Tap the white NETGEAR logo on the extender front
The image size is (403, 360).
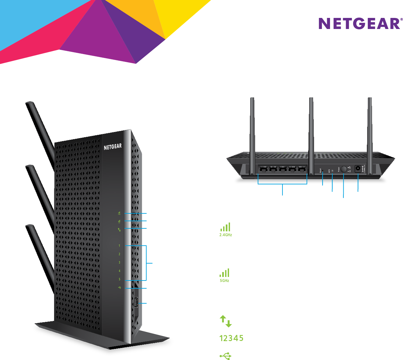[113, 147]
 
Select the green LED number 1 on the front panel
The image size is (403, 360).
[119, 246]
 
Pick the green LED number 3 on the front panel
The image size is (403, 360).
[119, 263]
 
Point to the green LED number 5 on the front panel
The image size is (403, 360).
[120, 279]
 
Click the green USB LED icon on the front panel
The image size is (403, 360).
[120, 288]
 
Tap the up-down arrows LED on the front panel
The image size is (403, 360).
[119, 230]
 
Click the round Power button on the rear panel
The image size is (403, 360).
[344, 169]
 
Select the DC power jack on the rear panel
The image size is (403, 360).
[358, 169]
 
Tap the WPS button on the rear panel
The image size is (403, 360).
[332, 170]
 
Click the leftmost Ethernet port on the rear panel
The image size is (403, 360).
[264, 169]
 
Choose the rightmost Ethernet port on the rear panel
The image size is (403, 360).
[302, 169]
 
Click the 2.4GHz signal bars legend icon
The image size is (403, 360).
[225, 227]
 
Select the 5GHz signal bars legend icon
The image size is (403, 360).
[224, 273]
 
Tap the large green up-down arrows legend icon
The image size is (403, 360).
[225, 321]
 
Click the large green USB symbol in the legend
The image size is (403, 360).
[225, 356]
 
